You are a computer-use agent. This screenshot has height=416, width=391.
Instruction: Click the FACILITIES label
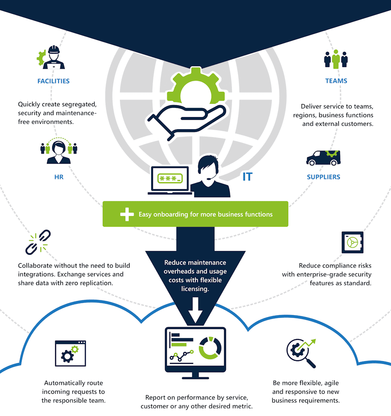pos(53,81)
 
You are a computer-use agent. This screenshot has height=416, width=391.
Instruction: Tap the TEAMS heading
pos(336,81)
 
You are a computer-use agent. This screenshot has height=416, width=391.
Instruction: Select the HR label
pos(59,177)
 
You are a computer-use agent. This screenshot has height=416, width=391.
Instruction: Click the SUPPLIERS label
pos(324,177)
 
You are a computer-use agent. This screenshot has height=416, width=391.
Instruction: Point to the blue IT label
pos(248,177)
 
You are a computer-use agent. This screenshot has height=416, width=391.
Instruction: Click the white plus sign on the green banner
pos(127,214)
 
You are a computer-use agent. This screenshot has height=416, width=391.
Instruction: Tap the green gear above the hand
pos(196,86)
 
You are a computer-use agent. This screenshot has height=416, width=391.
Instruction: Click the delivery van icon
pos(324,158)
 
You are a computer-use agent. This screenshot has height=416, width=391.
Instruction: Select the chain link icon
pos(38,242)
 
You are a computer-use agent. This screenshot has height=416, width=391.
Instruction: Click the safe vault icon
pos(352,242)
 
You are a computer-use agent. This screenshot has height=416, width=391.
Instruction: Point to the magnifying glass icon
pos(302,353)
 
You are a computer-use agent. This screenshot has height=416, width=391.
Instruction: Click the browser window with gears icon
pos(70,353)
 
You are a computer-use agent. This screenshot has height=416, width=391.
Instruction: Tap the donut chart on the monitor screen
pos(210,348)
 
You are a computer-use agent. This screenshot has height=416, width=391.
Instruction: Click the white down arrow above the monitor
pos(195,310)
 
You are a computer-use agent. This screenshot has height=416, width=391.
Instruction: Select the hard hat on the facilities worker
pos(54,50)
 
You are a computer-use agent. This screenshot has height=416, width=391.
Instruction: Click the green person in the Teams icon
pos(336,59)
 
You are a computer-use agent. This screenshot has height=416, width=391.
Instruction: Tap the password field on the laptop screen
pos(170,178)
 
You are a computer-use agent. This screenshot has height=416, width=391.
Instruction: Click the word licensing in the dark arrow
pos(195,289)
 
